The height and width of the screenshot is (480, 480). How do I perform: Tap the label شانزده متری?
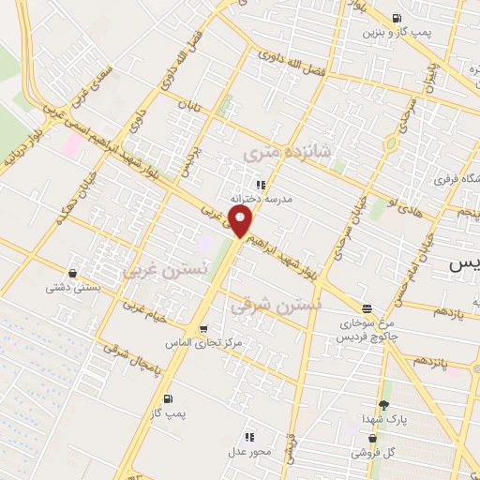[x=275, y=151]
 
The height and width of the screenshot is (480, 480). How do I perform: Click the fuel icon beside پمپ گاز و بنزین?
[x=397, y=17]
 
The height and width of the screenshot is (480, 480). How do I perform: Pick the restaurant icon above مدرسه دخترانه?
[x=262, y=185]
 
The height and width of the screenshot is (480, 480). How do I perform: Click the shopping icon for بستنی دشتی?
[x=73, y=274]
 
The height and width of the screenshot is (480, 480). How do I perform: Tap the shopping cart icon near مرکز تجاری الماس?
[x=202, y=328]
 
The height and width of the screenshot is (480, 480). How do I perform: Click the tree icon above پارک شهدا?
[x=382, y=406]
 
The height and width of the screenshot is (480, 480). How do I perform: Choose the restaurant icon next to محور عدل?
[x=249, y=437]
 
